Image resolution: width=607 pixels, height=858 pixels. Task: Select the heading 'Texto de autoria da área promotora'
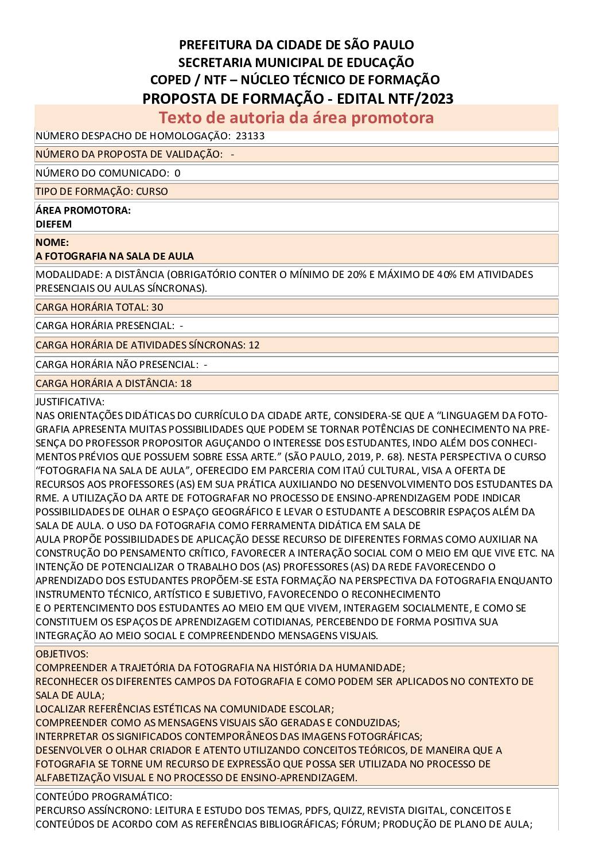coord(296,117)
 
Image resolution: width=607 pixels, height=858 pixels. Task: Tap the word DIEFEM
coord(53,224)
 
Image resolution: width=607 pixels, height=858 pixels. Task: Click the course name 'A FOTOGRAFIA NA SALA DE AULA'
coord(115,256)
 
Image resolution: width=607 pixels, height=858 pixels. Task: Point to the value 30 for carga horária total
coord(157,307)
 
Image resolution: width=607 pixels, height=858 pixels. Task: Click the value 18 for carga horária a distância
coord(186,383)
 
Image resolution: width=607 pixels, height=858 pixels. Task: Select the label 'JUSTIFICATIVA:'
coord(70,402)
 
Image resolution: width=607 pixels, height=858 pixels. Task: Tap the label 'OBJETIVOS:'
coord(62,654)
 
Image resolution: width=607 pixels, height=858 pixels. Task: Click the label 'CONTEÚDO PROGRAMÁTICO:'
coord(104,797)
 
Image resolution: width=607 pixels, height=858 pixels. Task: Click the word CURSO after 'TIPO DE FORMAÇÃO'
coord(152,191)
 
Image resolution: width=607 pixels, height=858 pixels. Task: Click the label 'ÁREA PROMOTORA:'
coord(83,210)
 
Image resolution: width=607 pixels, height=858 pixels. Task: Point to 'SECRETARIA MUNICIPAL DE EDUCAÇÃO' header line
coord(296,62)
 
